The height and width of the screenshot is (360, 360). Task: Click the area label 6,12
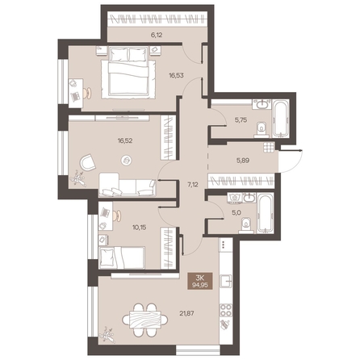point(157,35)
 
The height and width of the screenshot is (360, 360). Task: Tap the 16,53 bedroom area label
point(176,75)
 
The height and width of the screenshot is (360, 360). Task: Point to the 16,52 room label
point(125,140)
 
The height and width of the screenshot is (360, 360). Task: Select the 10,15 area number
point(140,228)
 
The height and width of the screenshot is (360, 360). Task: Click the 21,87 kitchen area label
point(186,313)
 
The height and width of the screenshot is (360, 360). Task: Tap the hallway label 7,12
point(193,185)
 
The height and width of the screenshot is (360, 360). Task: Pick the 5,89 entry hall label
point(242,161)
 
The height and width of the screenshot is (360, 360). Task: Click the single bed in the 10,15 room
point(122,257)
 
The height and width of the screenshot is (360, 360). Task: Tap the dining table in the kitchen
point(145,320)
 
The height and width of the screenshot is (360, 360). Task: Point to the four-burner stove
point(226,310)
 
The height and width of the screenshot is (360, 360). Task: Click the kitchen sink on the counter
point(226,282)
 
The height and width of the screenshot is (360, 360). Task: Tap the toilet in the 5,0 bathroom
point(246,225)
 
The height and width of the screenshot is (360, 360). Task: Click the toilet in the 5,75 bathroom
point(261,130)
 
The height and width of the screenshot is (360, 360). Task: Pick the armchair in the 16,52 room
point(87,163)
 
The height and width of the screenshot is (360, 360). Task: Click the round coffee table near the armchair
point(126,160)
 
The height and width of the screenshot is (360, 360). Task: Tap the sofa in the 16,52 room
point(128,185)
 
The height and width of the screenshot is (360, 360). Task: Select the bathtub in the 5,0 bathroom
point(265,213)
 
